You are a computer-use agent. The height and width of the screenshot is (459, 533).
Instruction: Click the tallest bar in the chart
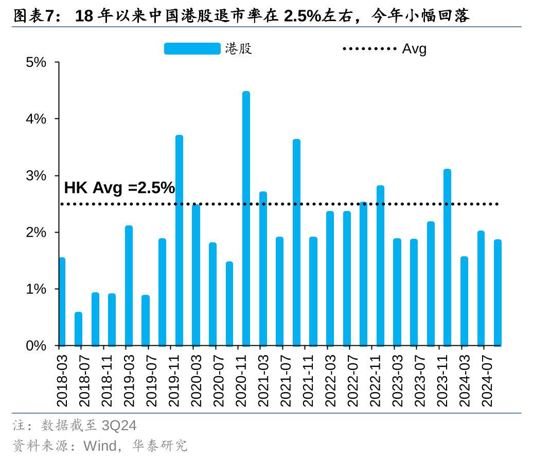[246, 219]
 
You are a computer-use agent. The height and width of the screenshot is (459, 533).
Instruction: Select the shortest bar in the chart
[78, 329]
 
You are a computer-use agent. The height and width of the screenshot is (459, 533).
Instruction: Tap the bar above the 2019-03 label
[129, 286]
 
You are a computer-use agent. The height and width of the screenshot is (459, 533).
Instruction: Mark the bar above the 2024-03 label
[464, 301]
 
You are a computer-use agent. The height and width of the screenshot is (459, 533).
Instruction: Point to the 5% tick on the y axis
[36, 62]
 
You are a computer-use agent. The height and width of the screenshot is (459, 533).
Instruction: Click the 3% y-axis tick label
[36, 176]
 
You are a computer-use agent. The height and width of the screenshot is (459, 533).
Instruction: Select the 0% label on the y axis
[36, 346]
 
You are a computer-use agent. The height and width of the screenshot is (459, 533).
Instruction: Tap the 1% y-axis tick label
[36, 289]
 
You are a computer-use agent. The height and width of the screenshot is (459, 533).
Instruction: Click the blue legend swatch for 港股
[192, 49]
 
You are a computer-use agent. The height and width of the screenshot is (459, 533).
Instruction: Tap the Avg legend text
[414, 49]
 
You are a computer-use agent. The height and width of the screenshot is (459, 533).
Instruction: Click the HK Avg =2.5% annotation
[119, 188]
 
